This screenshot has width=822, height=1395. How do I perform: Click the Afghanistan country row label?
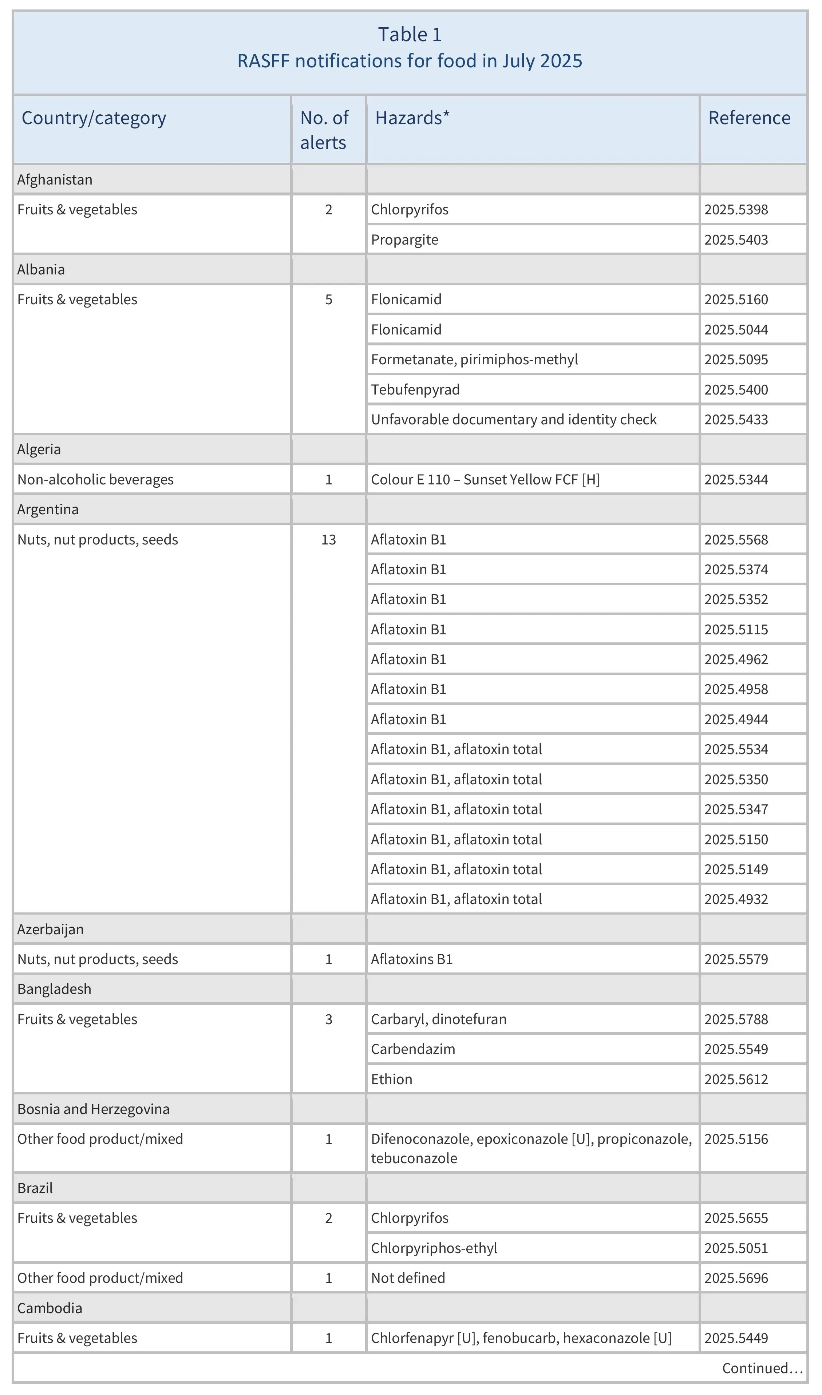(55, 179)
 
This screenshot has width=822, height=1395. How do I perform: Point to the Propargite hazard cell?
(404, 240)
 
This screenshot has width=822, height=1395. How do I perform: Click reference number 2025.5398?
(736, 210)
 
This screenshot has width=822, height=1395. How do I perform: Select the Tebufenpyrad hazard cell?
(415, 390)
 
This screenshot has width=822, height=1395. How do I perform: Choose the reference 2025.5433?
(736, 420)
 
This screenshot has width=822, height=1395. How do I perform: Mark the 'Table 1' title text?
(410, 34)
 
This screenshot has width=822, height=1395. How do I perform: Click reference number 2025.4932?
(736, 899)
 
